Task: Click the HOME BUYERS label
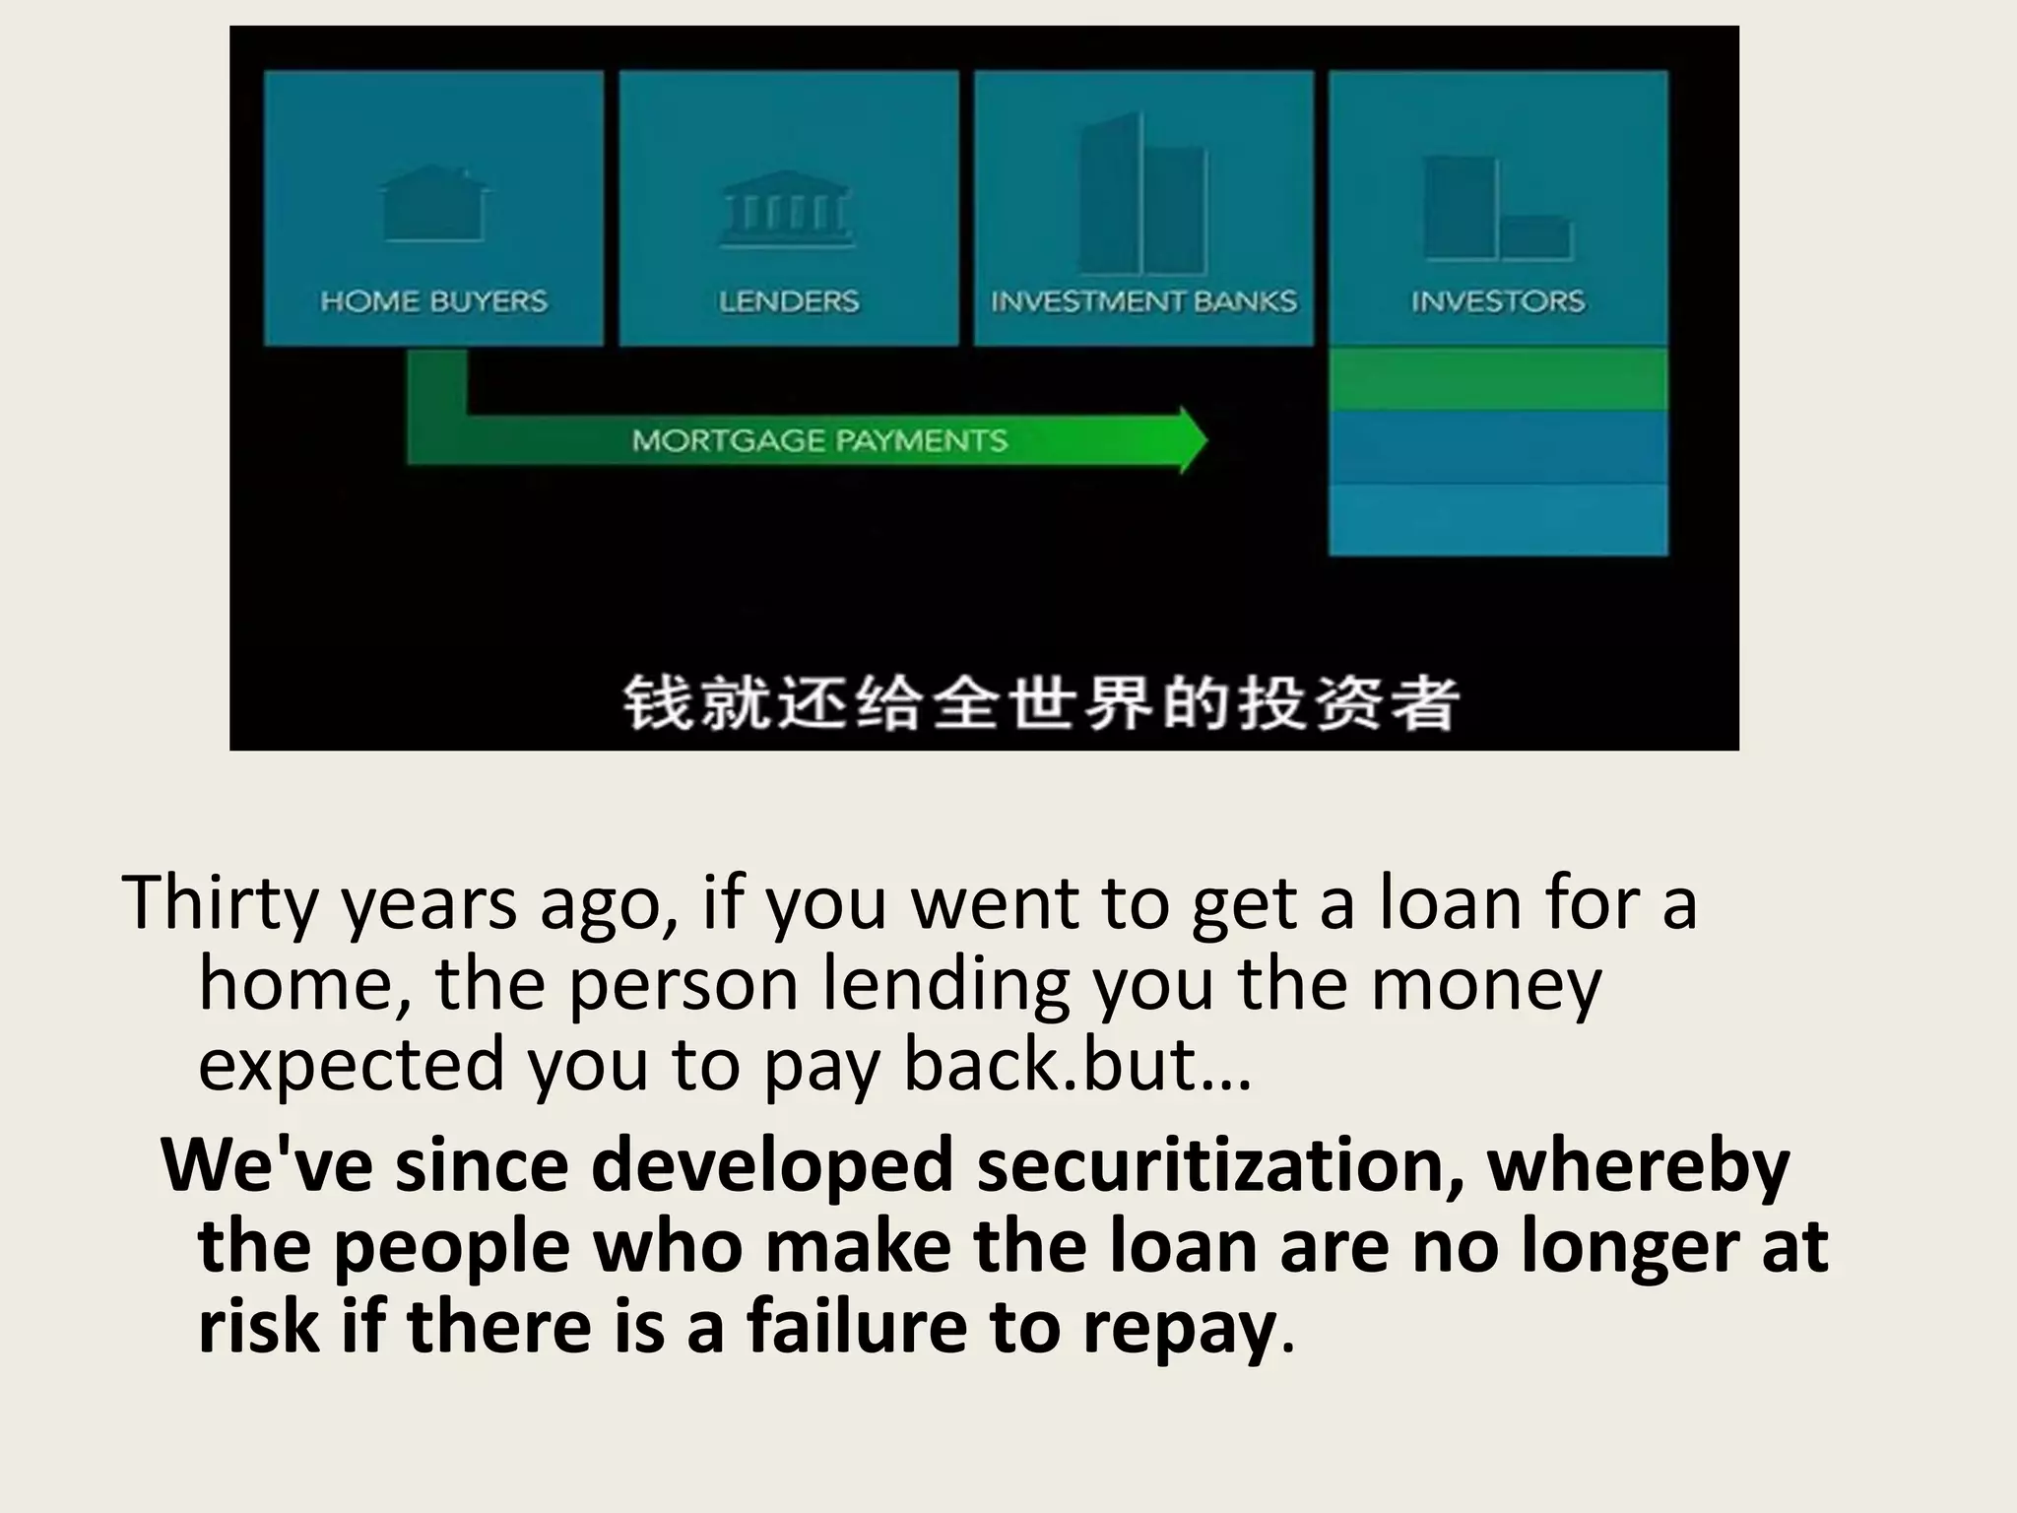(x=433, y=300)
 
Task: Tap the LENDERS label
(x=789, y=300)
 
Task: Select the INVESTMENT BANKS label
(x=1143, y=300)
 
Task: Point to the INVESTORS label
(x=1498, y=300)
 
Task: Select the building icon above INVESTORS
(x=1497, y=209)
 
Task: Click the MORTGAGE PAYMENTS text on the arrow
(x=819, y=439)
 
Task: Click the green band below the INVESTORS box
(x=1498, y=379)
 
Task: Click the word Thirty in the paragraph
(x=220, y=902)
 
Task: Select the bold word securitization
(x=1219, y=1164)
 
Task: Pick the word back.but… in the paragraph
(x=1077, y=1064)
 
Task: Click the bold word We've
(x=267, y=1164)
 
